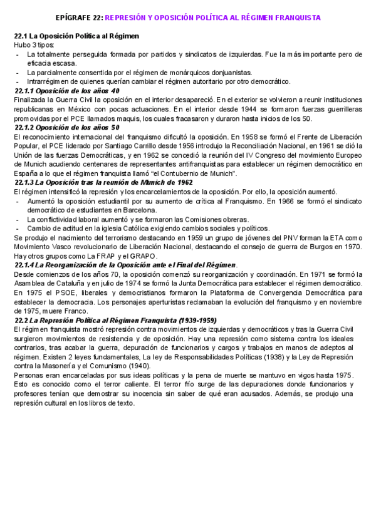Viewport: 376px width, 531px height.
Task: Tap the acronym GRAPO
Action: pos(120,256)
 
